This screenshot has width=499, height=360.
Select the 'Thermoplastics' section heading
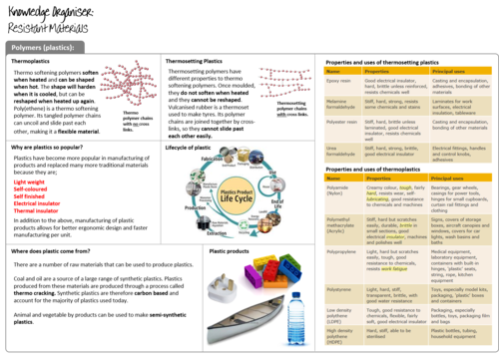(x=31, y=62)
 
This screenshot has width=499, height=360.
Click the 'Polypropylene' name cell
(x=341, y=253)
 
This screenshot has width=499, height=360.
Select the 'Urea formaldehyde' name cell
(x=339, y=150)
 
